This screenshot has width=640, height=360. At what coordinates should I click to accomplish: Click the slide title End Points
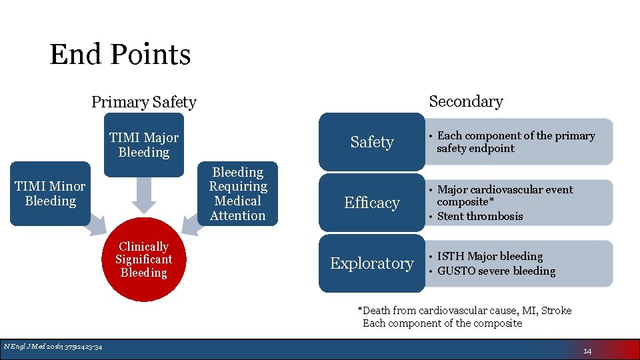tap(120, 55)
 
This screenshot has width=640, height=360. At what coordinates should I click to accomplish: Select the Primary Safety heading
tap(143, 102)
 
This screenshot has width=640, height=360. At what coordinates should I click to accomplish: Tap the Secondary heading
tap(465, 101)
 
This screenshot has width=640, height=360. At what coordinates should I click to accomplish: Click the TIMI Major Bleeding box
tap(143, 145)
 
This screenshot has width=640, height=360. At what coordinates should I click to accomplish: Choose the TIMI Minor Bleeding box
tap(51, 193)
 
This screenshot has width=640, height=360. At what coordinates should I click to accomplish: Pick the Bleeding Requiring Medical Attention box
tap(237, 193)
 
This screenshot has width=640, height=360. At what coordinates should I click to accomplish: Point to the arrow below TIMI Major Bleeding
tap(143, 195)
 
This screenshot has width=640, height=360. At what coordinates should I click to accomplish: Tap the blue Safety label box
tap(371, 142)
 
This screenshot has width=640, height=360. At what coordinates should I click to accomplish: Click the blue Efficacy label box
tap(371, 203)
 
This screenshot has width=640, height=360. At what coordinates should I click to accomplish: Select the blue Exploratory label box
tap(371, 263)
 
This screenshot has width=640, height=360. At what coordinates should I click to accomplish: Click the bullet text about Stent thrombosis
tap(480, 216)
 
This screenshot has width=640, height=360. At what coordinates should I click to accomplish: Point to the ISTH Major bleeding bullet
tap(490, 256)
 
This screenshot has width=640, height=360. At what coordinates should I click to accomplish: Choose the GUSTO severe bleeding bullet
tap(496, 271)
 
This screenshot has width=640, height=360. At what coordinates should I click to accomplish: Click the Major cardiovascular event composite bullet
tap(505, 195)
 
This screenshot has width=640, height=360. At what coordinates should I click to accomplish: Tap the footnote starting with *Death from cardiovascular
tap(465, 311)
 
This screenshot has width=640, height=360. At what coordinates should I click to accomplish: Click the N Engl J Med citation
tap(53, 346)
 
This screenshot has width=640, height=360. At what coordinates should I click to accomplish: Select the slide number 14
tap(587, 351)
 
